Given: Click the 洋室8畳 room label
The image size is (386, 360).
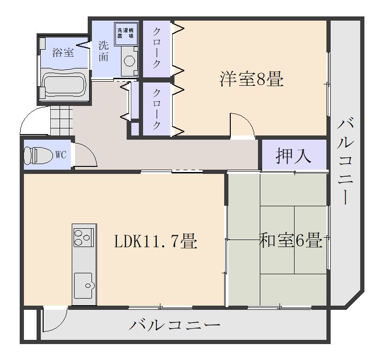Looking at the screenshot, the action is coord(251,79).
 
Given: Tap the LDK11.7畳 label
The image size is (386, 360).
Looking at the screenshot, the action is coord(156,241).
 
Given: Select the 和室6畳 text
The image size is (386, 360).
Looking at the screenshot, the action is coord(290,240).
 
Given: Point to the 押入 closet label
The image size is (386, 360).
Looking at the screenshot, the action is coord(294,156).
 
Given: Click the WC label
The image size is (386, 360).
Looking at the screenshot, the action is coord(61,155).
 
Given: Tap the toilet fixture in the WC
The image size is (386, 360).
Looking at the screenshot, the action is coord(38,155).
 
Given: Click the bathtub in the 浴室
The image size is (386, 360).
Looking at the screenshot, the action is coord(64,85).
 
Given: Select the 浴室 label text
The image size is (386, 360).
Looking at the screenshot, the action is coord(63,52).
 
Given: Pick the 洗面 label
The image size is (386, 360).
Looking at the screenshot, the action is coord(103,51).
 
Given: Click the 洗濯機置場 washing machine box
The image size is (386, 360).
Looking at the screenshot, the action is coord(126,33).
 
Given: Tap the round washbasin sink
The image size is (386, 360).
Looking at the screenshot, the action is coord(129,60).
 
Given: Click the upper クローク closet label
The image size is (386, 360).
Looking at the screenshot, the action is coord(157,48).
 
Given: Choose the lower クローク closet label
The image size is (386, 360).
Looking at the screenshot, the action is coord(157,109).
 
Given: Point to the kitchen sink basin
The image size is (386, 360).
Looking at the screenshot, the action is coord(83,285).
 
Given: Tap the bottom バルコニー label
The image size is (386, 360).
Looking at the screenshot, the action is coord(174,325).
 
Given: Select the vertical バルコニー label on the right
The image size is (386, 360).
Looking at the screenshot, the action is coord(345,161).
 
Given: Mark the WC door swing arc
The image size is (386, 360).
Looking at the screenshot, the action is coord(86,155).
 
